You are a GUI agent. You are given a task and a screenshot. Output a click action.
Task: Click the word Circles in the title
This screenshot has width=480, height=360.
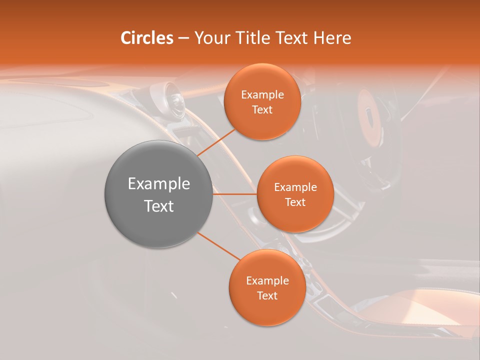pyautogui.click(x=147, y=38)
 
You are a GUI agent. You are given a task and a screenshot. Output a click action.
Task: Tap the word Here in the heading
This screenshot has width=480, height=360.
pyautogui.click(x=332, y=38)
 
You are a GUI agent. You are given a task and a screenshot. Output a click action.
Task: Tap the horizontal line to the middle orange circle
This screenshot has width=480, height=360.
pyautogui.click(x=235, y=194)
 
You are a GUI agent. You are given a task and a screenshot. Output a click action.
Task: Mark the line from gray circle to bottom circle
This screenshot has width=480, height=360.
pyautogui.click(x=219, y=246)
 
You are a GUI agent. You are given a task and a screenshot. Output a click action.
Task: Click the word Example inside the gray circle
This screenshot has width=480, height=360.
pyautogui.click(x=159, y=184)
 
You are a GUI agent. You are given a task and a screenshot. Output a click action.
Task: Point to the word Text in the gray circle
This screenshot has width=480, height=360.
pyautogui.click(x=159, y=206)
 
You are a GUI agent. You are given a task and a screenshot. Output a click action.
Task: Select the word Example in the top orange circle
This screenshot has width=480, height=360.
pyautogui.click(x=262, y=95)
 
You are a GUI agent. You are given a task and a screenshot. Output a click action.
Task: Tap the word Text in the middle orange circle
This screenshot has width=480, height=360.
pyautogui.click(x=295, y=202)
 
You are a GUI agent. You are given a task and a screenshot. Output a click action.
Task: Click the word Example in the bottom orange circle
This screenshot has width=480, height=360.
pyautogui.click(x=267, y=280)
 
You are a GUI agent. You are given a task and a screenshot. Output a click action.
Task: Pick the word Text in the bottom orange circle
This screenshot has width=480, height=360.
pyautogui.click(x=267, y=295)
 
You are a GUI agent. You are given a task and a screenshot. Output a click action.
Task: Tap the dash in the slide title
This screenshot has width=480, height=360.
pyautogui.click(x=183, y=38)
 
